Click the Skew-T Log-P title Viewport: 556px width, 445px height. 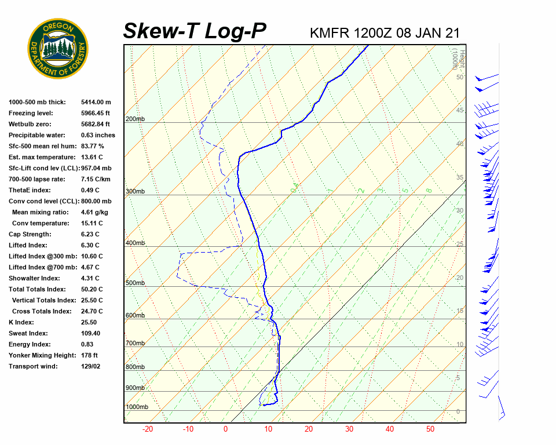[x=195, y=31]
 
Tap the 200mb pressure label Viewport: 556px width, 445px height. [x=135, y=119]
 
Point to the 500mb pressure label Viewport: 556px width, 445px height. [x=135, y=283]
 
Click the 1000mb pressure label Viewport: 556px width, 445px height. [x=137, y=407]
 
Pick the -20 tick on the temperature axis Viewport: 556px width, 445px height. [x=148, y=429]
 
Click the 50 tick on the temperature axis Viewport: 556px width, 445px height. [x=430, y=429]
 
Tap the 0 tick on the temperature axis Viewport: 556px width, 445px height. [x=225, y=429]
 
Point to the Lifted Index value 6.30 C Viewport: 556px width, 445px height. [x=92, y=245]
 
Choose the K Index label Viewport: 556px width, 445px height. [x=21, y=322]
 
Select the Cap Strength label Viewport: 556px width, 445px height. [x=30, y=234]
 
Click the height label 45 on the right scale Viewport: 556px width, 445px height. [x=460, y=110]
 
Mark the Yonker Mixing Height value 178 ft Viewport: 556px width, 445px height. [x=89, y=355]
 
